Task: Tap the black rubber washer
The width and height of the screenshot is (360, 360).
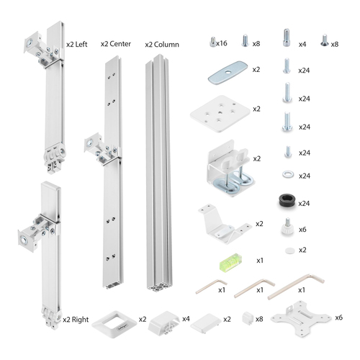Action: pyautogui.click(x=286, y=202)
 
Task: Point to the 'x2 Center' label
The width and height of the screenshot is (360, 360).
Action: pyautogui.click(x=116, y=43)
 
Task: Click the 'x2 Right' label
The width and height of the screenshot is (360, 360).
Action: pyautogui.click(x=76, y=318)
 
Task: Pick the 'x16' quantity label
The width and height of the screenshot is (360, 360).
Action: pyautogui.click(x=223, y=43)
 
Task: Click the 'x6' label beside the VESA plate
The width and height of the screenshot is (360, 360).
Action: pyautogui.click(x=338, y=317)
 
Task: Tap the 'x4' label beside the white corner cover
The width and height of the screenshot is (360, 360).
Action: pyautogui.click(x=186, y=318)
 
